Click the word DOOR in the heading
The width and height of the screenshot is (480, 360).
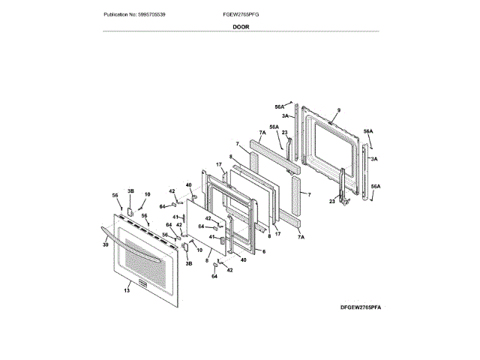pyautogui.click(x=241, y=26)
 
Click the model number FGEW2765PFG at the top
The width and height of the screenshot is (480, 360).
pyautogui.click(x=241, y=15)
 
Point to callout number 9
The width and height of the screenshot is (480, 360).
pyautogui.click(x=338, y=111)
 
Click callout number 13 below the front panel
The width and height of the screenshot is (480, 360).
pyautogui.click(x=127, y=290)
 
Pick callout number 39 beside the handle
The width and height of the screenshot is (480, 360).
pyautogui.click(x=105, y=244)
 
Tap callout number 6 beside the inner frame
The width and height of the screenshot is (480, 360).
pyautogui.click(x=263, y=250)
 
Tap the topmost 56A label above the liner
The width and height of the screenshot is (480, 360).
pyautogui.click(x=280, y=107)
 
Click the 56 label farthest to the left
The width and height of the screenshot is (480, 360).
pyautogui.click(x=115, y=196)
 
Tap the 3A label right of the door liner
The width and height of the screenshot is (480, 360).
pyautogui.click(x=374, y=159)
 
